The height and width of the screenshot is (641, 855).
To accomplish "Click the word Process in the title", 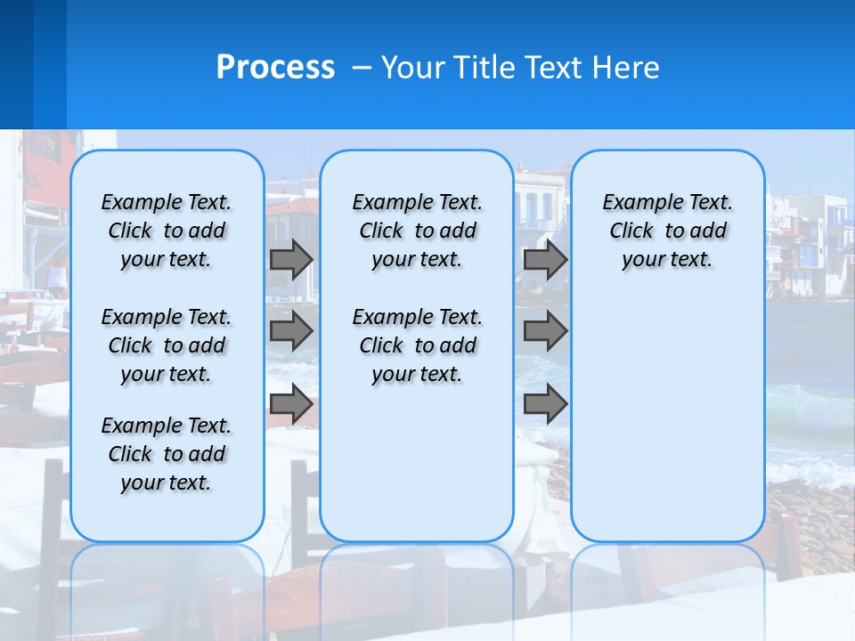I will tap(275, 67).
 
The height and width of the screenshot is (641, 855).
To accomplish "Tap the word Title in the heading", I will tap(485, 67).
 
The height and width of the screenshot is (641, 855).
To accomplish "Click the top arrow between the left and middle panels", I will tap(290, 259).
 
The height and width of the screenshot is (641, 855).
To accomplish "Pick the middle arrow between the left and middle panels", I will tap(290, 331).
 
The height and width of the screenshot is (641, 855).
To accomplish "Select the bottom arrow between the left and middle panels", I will tap(290, 404).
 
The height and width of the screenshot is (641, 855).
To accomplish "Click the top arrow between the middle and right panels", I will tap(545, 259).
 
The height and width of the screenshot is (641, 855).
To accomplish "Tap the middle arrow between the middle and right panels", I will tap(545, 331).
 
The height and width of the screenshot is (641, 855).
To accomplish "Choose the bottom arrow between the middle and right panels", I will tap(545, 404).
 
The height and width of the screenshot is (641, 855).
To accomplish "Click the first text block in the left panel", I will tap(167, 231).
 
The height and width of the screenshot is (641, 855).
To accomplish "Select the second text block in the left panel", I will tap(167, 345).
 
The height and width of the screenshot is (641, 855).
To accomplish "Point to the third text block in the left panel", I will tap(167, 454).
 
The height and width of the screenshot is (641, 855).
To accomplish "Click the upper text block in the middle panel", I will tap(417, 231).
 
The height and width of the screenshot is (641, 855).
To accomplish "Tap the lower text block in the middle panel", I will tap(417, 345).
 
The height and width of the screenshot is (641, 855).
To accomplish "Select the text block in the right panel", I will tap(667, 231).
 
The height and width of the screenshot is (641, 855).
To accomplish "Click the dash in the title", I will tap(362, 68).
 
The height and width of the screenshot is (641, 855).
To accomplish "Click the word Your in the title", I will tap(413, 67).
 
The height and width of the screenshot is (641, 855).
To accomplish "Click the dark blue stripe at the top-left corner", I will tap(16, 62).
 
